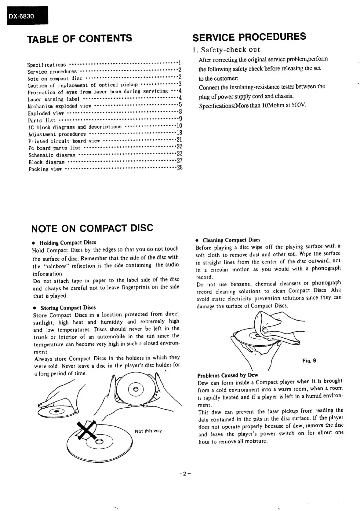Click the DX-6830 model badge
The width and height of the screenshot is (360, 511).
coord(21,16)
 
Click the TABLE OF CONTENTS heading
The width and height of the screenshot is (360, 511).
coord(80,39)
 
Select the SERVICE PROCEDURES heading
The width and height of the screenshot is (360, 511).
coord(249,37)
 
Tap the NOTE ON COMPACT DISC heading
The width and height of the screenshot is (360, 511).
coord(92,228)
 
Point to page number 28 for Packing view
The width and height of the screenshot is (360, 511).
coord(180,167)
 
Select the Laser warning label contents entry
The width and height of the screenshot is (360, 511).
coord(53,99)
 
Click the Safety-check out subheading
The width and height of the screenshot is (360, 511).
coord(226,50)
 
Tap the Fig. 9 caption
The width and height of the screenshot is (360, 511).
coord(309,361)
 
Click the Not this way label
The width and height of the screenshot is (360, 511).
coord(148,431)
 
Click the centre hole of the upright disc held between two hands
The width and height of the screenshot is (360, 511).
coord(136,389)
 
